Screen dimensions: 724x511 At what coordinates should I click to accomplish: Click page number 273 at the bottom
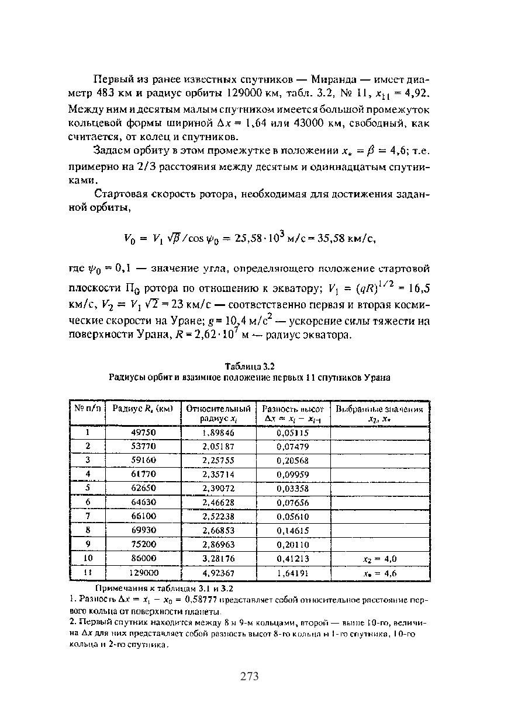pos(249,677)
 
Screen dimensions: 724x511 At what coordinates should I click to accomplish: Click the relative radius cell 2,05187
pos(217,447)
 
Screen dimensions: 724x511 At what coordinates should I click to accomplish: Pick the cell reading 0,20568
pos(292,461)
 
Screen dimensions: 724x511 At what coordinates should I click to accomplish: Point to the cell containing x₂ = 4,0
pos(379,559)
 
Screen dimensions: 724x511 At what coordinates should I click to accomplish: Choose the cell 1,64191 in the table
pos(292,573)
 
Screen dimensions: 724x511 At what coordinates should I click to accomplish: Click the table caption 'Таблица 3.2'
pos(250,366)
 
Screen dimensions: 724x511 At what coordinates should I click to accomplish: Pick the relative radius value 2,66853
pos(217,531)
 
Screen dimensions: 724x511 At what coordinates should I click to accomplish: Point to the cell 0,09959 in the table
pos(292,475)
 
